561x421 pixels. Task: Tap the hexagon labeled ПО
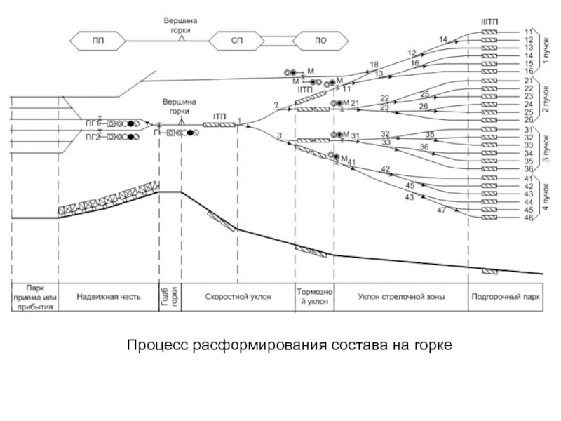click(x=320, y=41)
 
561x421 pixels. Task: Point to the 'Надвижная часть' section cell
click(x=108, y=296)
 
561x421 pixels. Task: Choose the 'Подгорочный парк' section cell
click(x=505, y=296)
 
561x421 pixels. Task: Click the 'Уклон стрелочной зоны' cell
click(x=400, y=296)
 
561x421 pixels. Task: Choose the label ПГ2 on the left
click(x=92, y=138)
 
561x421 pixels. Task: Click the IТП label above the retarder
click(x=218, y=116)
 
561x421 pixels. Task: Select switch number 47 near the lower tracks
click(x=441, y=210)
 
